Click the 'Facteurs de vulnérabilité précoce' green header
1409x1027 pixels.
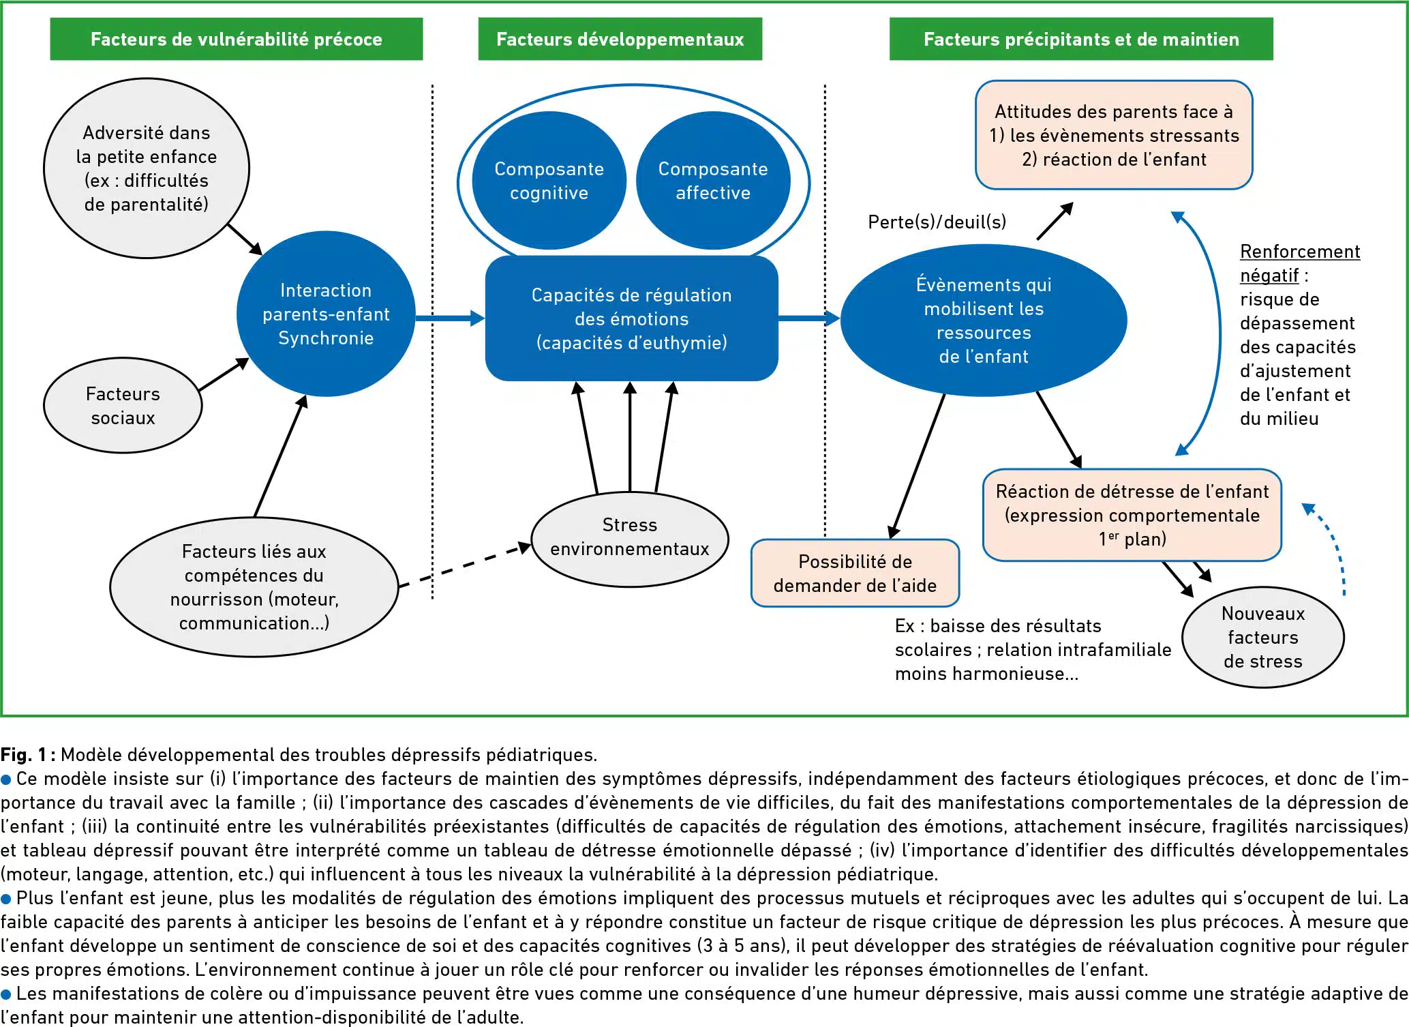[236, 39]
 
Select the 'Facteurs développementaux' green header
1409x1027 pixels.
[620, 39]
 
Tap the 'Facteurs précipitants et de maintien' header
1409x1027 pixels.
[1081, 39]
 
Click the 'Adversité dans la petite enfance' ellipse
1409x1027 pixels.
[147, 168]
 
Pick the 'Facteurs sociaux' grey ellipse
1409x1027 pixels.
[123, 405]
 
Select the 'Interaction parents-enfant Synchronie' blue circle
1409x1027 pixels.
[326, 314]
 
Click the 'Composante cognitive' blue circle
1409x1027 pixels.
[549, 181]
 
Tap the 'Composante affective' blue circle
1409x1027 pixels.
[713, 181]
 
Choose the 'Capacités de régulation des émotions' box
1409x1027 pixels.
[631, 318]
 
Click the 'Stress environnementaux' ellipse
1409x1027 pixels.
[630, 539]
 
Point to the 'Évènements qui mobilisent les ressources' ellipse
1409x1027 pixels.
[984, 320]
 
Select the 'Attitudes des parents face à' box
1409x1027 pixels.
[1114, 135]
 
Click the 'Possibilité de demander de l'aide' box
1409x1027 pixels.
[855, 573]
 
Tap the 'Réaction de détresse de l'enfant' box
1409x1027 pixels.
[1132, 515]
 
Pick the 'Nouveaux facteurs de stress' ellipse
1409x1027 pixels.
[1263, 637]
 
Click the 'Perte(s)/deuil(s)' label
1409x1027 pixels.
[937, 222]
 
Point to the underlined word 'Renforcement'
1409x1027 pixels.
[1300, 252]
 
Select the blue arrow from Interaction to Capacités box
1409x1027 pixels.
[450, 318]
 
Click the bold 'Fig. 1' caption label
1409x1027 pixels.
[24, 754]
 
